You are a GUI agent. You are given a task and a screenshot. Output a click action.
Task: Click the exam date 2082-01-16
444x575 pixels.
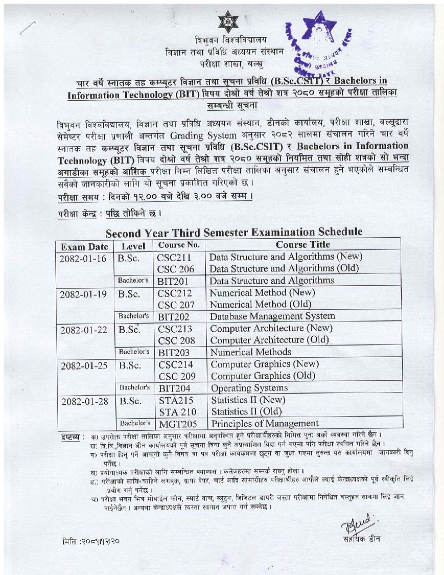(x=83, y=258)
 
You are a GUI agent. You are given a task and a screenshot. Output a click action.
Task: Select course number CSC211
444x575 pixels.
(x=174, y=258)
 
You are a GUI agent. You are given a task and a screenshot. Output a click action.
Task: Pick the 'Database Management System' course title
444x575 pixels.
(x=272, y=316)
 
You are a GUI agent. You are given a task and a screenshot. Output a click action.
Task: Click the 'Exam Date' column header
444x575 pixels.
(x=84, y=247)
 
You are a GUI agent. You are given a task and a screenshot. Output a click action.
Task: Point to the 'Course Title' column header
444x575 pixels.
(x=303, y=245)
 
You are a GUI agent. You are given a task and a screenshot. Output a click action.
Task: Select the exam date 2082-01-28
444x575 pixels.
(x=84, y=401)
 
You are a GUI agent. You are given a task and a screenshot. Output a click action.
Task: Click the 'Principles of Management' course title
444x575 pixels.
(x=265, y=423)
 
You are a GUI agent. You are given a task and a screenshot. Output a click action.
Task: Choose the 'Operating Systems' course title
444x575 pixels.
(x=249, y=388)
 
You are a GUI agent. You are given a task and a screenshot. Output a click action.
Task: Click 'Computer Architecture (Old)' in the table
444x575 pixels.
(x=269, y=340)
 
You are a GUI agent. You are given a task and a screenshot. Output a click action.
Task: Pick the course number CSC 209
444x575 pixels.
(x=177, y=377)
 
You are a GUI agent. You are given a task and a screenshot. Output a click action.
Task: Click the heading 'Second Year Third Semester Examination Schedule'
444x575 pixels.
(x=234, y=233)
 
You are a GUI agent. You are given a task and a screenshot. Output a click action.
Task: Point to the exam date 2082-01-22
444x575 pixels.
(x=84, y=330)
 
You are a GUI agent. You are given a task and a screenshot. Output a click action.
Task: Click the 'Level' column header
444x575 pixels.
(x=133, y=246)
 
